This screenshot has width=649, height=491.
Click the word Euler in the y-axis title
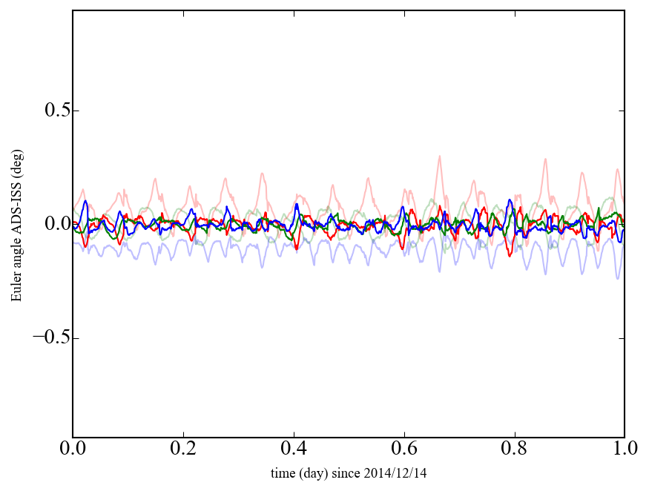(x=16, y=287)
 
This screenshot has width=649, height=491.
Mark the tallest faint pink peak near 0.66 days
(x=439, y=156)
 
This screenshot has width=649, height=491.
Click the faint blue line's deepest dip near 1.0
(x=617, y=278)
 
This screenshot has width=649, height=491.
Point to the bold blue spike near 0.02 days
(x=85, y=202)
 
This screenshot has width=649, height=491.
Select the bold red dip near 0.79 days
(x=510, y=255)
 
